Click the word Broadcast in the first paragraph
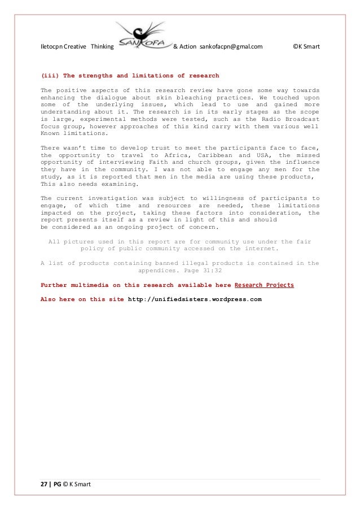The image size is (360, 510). (x=301, y=119)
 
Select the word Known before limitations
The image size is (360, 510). (x=51, y=134)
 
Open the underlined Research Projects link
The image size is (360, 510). (x=264, y=285)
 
